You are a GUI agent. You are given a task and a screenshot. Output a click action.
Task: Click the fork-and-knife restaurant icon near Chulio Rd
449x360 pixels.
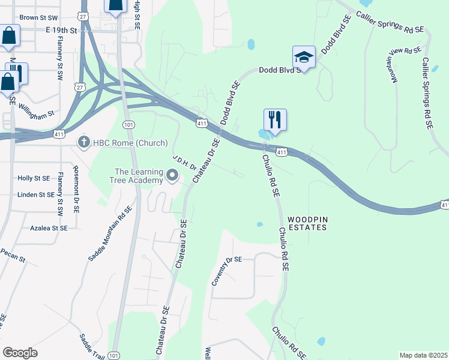(275, 119)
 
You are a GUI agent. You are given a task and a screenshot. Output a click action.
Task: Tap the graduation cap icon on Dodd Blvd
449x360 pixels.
(304, 57)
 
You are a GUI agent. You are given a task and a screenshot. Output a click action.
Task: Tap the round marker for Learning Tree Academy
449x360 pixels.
(173, 176)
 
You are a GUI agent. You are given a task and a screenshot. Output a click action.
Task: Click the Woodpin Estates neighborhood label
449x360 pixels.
(307, 223)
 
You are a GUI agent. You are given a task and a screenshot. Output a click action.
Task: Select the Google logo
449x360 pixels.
(20, 353)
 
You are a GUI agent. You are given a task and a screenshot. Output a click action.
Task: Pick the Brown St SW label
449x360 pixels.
(38, 18)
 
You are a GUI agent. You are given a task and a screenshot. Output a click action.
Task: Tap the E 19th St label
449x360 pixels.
(61, 30)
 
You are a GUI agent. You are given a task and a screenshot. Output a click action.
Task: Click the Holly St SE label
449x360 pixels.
(34, 178)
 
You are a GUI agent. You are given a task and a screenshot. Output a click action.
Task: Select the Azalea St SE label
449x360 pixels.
(47, 228)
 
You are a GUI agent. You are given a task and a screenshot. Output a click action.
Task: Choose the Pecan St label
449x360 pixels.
(13, 254)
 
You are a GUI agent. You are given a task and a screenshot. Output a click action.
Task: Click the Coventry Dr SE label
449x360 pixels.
(226, 271)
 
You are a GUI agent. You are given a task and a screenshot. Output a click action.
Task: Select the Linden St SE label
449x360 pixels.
(36, 194)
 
